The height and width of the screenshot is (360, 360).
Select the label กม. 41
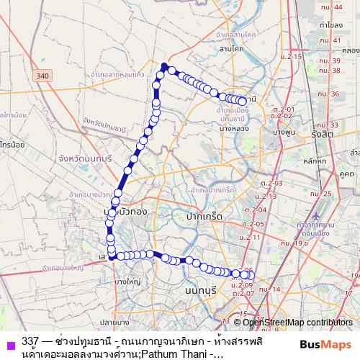click(331, 40)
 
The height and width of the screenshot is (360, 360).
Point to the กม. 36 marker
click(330, 94)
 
